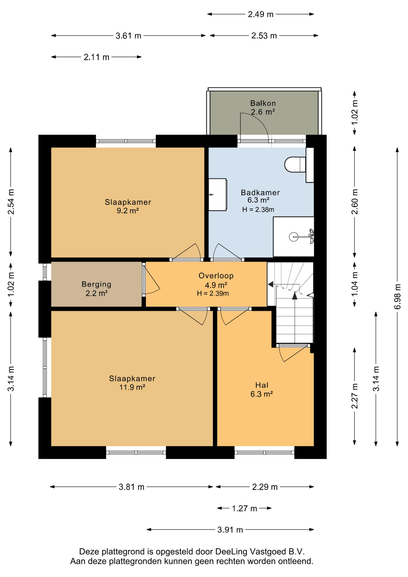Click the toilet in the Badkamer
[x=295, y=164]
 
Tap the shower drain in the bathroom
[x=294, y=237]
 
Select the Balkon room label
[x=263, y=103]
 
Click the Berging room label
[x=96, y=284]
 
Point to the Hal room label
[x=262, y=385]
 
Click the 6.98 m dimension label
[x=397, y=296]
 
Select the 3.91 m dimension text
[x=230, y=530]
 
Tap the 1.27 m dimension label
[x=244, y=508]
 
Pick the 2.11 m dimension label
[x=96, y=57]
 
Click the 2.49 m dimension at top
[x=260, y=14]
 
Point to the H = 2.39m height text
[x=213, y=293]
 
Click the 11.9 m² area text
[x=132, y=387]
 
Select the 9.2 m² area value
[x=128, y=211]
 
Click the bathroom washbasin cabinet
[x=218, y=195]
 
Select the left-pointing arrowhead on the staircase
[x=270, y=284]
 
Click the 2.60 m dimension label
[x=355, y=202]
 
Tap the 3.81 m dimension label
[x=132, y=487]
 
